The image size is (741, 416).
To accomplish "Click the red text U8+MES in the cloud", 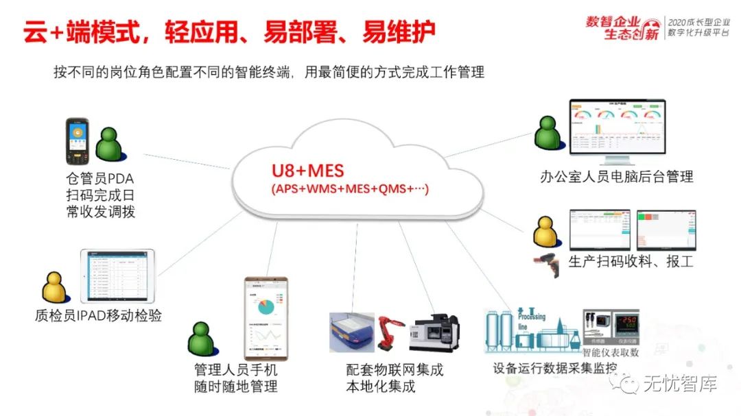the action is pos(307,169).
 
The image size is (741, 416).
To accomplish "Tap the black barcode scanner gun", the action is pos(549,263).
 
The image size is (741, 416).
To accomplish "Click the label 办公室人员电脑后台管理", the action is pos(616,177).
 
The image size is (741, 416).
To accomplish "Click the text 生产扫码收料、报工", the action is pos(631,262).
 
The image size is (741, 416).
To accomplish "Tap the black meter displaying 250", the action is pos(626,322).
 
